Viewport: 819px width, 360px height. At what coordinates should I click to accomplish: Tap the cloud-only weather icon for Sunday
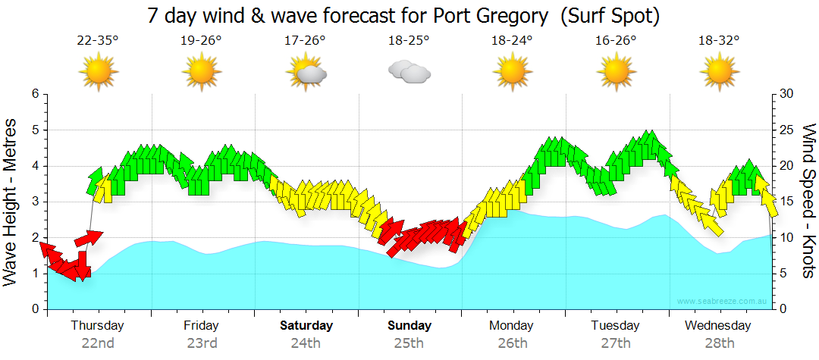409,72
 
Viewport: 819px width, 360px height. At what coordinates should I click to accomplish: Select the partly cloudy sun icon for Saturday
306,72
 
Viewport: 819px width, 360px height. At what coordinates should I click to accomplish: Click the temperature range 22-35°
98,41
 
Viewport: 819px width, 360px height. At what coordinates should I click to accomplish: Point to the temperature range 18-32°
719,41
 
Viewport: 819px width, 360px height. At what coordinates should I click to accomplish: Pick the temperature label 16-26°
615,41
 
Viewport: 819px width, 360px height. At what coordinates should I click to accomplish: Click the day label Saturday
306,326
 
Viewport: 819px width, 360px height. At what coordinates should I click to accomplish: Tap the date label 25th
408,343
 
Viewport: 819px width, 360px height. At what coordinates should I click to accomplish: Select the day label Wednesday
717,326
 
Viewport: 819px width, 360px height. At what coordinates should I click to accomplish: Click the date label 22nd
98,343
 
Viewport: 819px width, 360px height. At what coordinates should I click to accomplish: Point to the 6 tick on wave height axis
35,94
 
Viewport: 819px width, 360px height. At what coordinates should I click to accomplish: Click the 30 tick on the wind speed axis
786,94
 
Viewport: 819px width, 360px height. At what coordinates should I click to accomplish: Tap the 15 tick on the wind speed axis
786,202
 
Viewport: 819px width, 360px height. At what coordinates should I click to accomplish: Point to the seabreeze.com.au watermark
723,301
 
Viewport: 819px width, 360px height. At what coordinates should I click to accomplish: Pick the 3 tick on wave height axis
35,202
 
